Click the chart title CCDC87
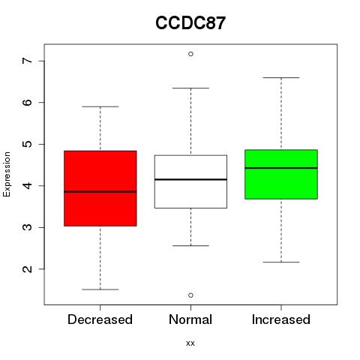click(190, 23)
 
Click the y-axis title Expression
click(7, 174)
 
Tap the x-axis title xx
click(190, 343)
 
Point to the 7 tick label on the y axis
click(27, 61)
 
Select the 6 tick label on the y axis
click(27, 102)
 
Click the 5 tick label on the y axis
click(27, 144)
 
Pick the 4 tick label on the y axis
click(27, 185)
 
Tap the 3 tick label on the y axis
click(27, 227)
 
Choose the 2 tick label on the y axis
click(27, 268)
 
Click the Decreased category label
click(100, 319)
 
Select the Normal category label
click(190, 319)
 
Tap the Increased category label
click(281, 319)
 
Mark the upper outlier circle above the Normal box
click(190, 54)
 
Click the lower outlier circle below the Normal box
click(190, 295)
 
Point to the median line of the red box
click(100, 192)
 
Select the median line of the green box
click(281, 168)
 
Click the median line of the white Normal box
click(190, 179)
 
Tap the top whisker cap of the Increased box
click(281, 78)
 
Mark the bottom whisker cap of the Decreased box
click(100, 289)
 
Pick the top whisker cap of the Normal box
click(190, 88)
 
